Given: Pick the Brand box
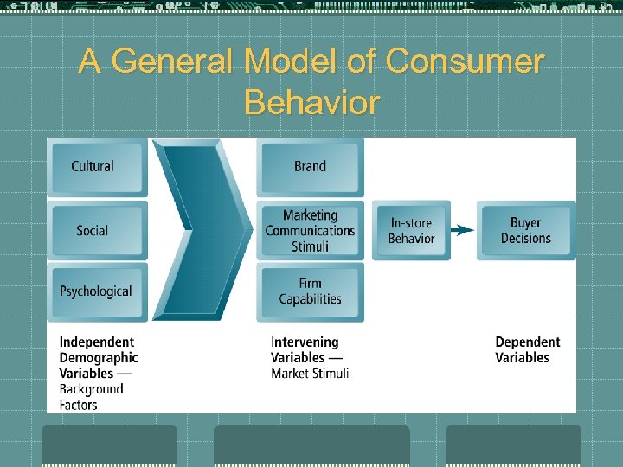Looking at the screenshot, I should [310, 167].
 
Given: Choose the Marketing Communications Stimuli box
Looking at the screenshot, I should [310, 231].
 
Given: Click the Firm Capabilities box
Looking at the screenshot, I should [310, 291].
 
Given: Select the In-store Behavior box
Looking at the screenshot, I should [411, 231].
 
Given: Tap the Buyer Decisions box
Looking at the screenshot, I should [525, 231].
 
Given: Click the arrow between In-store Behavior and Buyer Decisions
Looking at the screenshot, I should [464, 231].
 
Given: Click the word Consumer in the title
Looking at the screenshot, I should [465, 62].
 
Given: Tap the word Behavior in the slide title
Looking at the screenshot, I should [311, 103].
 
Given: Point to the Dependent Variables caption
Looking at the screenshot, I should [527, 350].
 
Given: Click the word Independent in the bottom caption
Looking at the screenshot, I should [96, 342].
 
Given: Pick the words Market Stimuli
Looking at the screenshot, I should [310, 374].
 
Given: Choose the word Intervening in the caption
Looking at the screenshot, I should [305, 342].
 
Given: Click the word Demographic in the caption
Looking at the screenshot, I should [99, 358].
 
